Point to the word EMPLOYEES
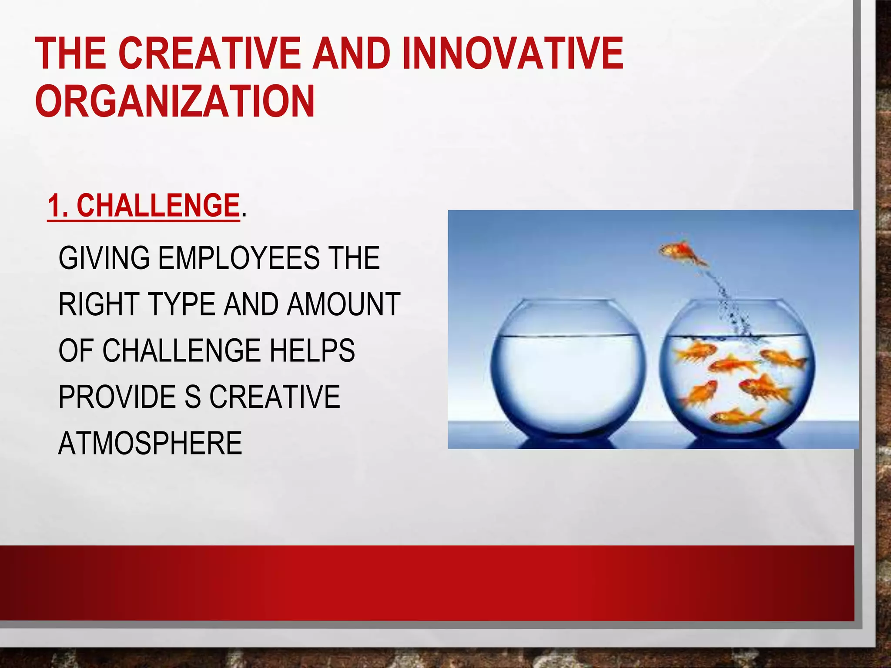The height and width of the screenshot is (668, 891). click(238, 258)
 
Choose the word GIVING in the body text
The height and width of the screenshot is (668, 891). click(104, 258)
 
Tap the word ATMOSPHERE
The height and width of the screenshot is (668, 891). click(150, 443)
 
